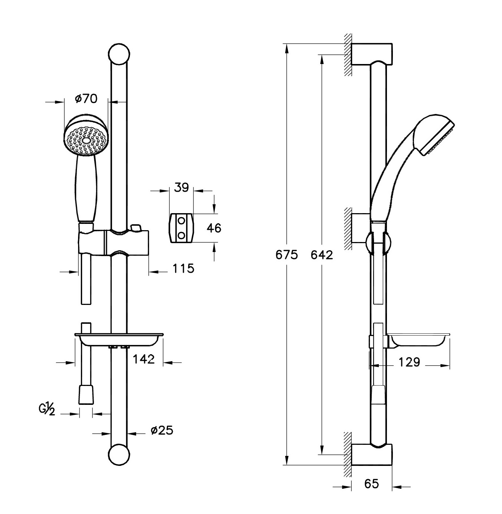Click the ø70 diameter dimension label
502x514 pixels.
pyautogui.click(x=86, y=99)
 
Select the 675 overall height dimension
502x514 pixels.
pyautogui.click(x=287, y=255)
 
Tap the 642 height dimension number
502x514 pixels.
pyautogui.click(x=321, y=255)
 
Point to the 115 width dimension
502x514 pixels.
pyautogui.click(x=183, y=269)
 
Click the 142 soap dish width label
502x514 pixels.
pyautogui.click(x=144, y=359)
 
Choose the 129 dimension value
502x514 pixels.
pyautogui.click(x=409, y=362)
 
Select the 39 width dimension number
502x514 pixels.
pyautogui.click(x=181, y=188)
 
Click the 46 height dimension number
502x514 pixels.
pyautogui.click(x=214, y=228)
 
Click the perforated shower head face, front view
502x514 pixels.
pyautogui.click(x=86, y=140)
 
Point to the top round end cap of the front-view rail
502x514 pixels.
pyautogui.click(x=119, y=54)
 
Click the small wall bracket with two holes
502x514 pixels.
pyautogui.click(x=181, y=228)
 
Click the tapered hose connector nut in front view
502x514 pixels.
pyautogui.click(x=86, y=394)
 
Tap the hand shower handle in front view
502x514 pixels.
pyautogui.click(x=86, y=188)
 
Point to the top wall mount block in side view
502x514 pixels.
pyautogui.click(x=371, y=54)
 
